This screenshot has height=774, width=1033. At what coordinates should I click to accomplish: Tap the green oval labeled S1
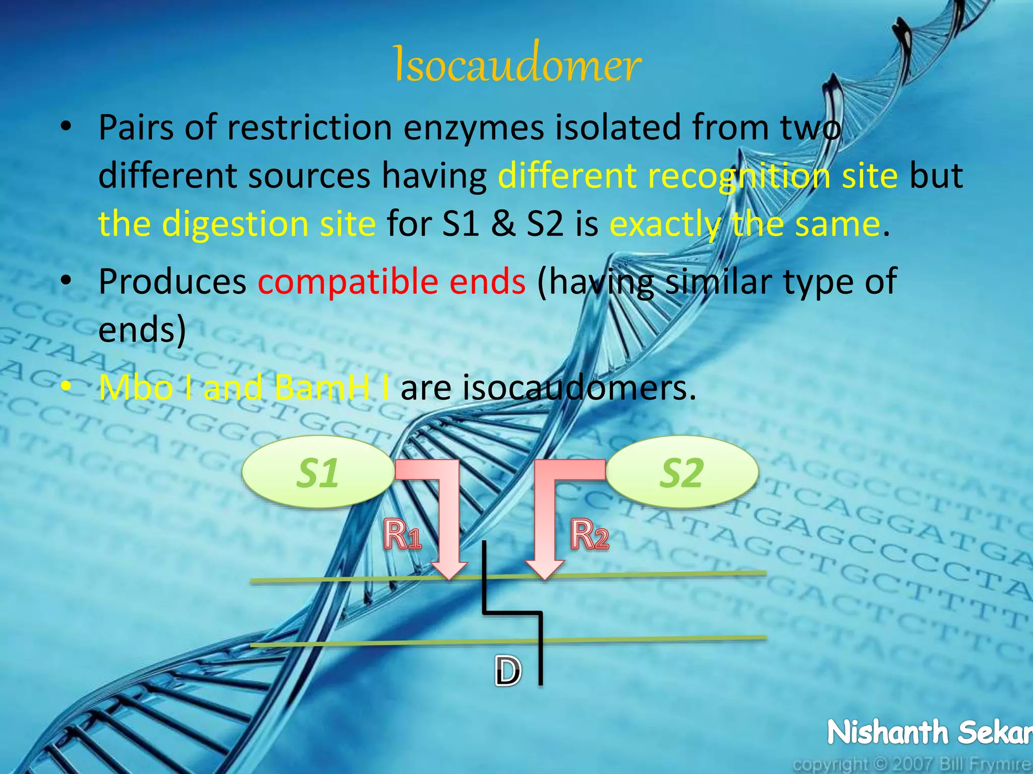tap(318, 472)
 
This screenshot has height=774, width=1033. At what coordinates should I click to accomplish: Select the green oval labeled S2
tap(682, 472)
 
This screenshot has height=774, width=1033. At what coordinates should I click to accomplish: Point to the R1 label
tap(402, 534)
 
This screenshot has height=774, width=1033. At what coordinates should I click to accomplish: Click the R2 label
tap(589, 534)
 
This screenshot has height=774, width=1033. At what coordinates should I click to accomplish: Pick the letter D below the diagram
tap(507, 671)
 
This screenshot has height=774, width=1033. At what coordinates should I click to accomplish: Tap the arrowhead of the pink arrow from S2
tap(544, 569)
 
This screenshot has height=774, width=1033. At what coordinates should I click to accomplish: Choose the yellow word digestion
tap(236, 224)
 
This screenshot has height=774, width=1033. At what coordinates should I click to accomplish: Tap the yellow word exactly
tap(665, 224)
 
